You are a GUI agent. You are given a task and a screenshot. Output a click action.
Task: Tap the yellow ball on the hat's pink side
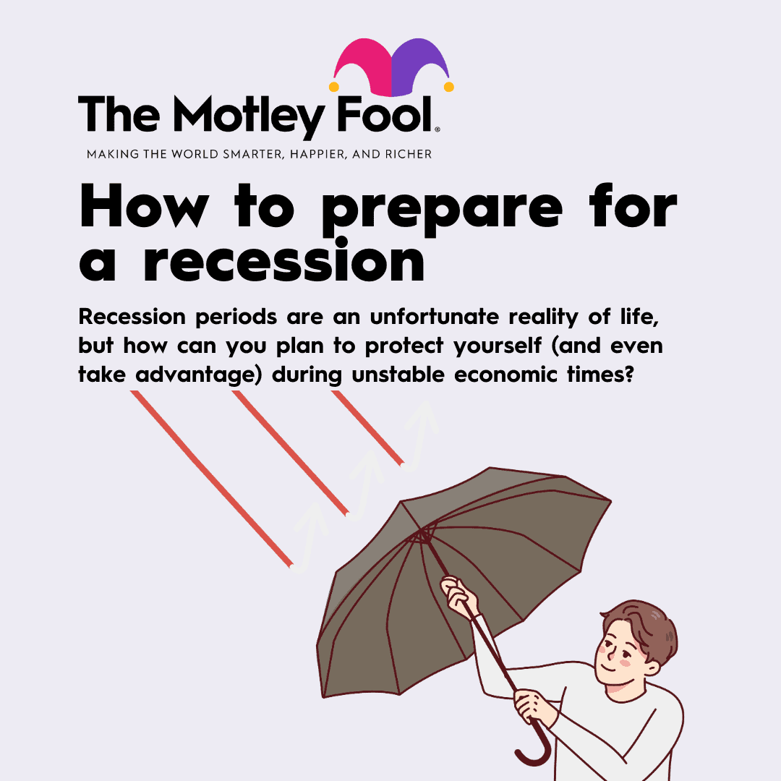coord(333,87)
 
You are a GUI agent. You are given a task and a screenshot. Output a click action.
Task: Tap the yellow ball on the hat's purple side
coord(449,87)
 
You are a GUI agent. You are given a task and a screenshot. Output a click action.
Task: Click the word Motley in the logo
coord(249,117)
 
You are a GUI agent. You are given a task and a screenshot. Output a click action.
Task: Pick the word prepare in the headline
coord(443,209)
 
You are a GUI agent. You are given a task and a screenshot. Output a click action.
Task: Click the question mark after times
coord(628,374)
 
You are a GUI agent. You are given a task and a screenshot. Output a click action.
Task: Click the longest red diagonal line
coord(211,479)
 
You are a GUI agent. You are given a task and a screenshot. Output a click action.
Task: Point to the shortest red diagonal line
coord(367,428)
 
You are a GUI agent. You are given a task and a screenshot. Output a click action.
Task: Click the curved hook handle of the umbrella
coord(535,742)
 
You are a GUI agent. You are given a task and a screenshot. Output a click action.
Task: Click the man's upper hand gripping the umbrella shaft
coord(459,595)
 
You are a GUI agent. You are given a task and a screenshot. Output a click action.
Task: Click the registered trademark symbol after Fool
coord(438,129)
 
